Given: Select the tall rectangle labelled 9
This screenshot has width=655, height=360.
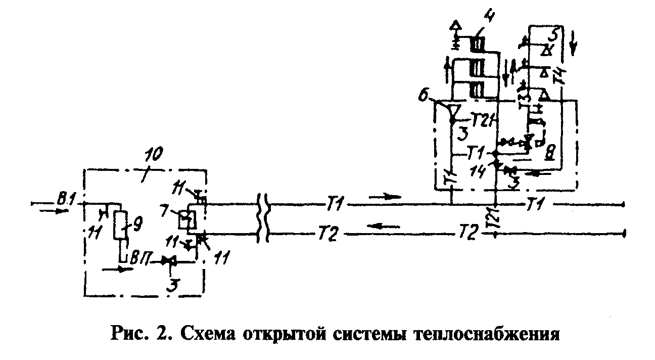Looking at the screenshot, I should point(120,225).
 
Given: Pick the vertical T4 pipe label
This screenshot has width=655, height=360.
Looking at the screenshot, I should point(558,77).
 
